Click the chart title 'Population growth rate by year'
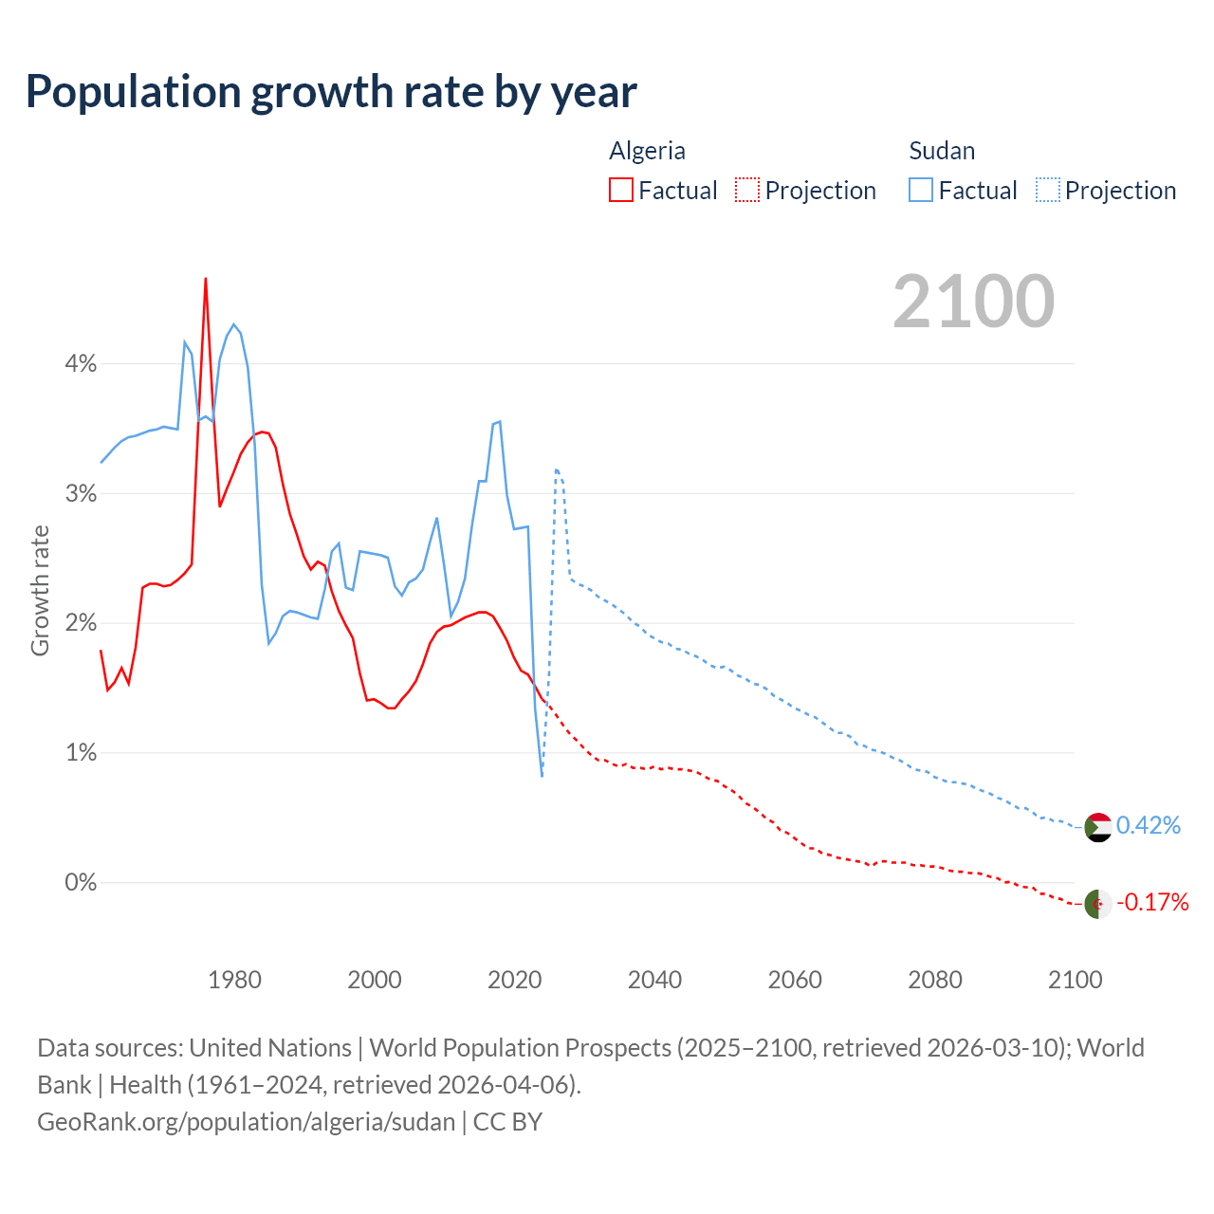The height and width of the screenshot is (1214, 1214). pyautogui.click(x=331, y=92)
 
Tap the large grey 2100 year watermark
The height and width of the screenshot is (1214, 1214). pyautogui.click(x=973, y=302)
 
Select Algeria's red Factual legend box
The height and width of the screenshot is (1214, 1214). pyautogui.click(x=620, y=191)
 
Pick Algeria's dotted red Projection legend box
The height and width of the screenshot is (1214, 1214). pyautogui.click(x=747, y=191)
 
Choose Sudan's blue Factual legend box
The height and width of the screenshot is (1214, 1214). pyautogui.click(x=920, y=191)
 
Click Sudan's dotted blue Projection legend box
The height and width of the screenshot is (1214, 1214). pyautogui.click(x=1047, y=191)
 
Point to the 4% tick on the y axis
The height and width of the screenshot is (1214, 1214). pyautogui.click(x=81, y=364)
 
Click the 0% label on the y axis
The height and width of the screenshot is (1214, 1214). pyautogui.click(x=81, y=883)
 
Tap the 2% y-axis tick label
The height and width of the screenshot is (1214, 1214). pyautogui.click(x=81, y=623)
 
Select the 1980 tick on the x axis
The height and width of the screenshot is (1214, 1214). pyautogui.click(x=234, y=980)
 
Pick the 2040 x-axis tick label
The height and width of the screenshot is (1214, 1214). pyautogui.click(x=654, y=980)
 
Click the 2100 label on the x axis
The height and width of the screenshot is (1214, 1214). pyautogui.click(x=1075, y=980)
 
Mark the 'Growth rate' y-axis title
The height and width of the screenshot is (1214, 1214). pyautogui.click(x=40, y=590)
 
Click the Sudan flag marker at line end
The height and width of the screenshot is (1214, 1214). pyautogui.click(x=1097, y=827)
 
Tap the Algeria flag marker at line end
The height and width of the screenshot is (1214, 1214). pyautogui.click(x=1097, y=904)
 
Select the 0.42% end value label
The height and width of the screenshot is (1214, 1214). pyautogui.click(x=1148, y=826)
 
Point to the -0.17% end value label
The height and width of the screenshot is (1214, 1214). pyautogui.click(x=1151, y=902)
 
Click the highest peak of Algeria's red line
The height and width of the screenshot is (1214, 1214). pyautogui.click(x=206, y=279)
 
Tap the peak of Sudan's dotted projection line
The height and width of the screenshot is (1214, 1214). pyautogui.click(x=557, y=469)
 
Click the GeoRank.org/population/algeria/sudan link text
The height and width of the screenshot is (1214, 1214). pyautogui.click(x=247, y=1122)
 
